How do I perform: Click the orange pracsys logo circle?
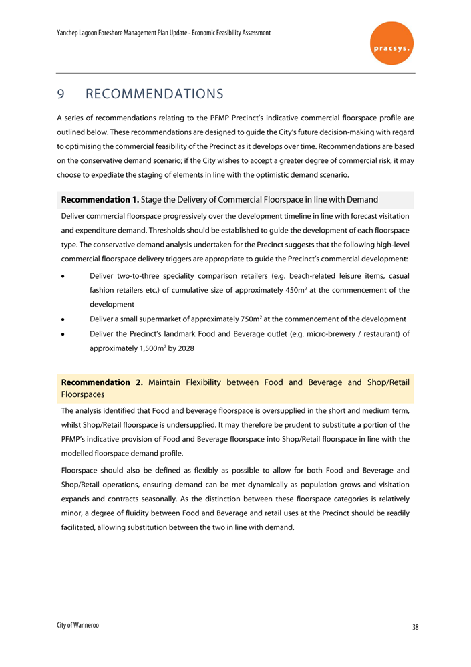point(391,43)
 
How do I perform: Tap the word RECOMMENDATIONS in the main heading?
point(154,92)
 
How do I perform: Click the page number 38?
point(415,627)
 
